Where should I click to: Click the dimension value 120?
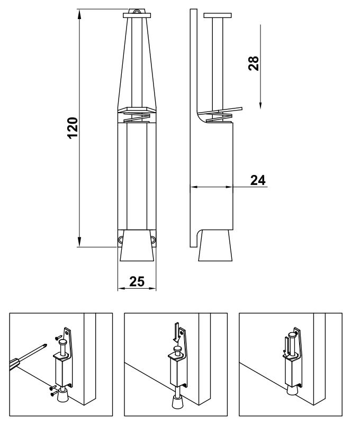(x=73, y=128)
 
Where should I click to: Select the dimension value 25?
(x=137, y=281)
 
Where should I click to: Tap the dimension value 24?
(x=258, y=180)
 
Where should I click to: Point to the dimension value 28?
(x=254, y=63)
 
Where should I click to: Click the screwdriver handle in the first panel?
(x=14, y=363)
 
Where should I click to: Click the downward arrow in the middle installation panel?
(x=176, y=332)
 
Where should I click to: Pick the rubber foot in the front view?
(x=137, y=245)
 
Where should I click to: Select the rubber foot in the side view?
(x=215, y=245)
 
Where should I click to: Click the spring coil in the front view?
(x=137, y=117)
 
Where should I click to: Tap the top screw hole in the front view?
(x=137, y=12)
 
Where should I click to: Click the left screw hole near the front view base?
(x=120, y=239)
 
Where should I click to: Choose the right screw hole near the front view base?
(x=154, y=239)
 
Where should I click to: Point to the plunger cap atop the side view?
(x=218, y=15)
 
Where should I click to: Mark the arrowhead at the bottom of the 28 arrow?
(x=260, y=106)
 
